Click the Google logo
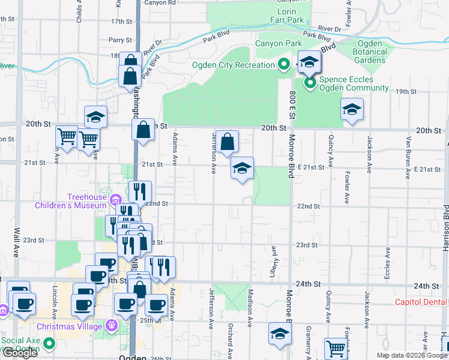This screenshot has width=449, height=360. point(20,353)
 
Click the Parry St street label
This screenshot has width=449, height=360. point(120,40)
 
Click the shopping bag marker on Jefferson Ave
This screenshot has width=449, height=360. point(228,143)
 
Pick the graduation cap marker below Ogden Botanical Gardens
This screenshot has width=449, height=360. point(352,110)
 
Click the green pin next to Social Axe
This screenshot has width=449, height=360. point(48,344)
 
